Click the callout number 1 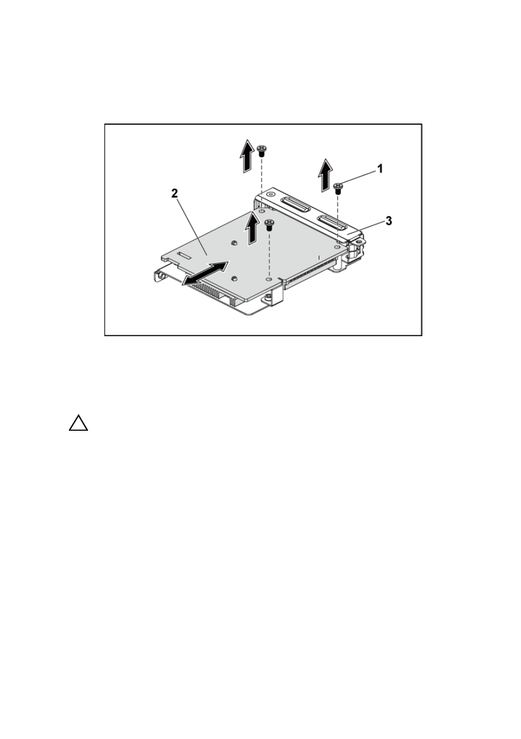pyautogui.click(x=380, y=169)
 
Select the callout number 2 pyautogui.click(x=174, y=193)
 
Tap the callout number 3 pyautogui.click(x=389, y=221)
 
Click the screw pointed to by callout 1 pyautogui.click(x=338, y=189)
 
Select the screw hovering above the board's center pyautogui.click(x=270, y=225)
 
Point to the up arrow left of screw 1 pyautogui.click(x=325, y=175)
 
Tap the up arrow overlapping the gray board pyautogui.click(x=253, y=228)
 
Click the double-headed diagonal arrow pyautogui.click(x=205, y=273)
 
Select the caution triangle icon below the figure pyautogui.click(x=79, y=423)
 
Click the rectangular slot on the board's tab pyautogui.click(x=185, y=255)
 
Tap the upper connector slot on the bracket pyautogui.click(x=295, y=205)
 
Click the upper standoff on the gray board pyautogui.click(x=233, y=243)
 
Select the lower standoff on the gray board pyautogui.click(x=233, y=278)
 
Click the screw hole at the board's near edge pyautogui.click(x=269, y=279)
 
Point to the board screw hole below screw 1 pyautogui.click(x=337, y=247)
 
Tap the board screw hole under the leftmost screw pyautogui.click(x=261, y=211)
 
